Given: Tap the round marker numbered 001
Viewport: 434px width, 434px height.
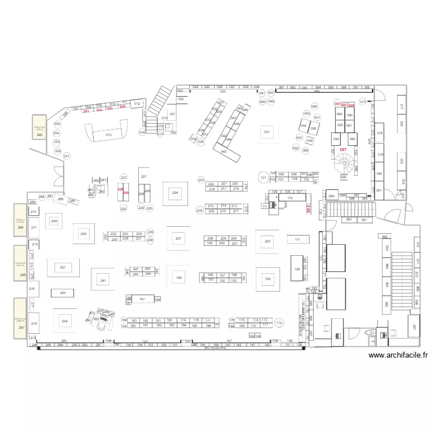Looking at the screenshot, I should point(66,156).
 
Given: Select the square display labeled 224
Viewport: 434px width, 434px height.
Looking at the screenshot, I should point(175,193).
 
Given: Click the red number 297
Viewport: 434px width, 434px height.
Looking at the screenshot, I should point(343,150).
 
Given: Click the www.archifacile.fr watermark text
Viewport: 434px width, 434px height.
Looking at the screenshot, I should point(398,356).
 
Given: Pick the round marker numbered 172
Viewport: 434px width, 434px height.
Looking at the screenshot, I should point(279,323).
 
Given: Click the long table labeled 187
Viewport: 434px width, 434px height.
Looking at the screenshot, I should point(142,299).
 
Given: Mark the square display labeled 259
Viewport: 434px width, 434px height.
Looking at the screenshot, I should point(83,234).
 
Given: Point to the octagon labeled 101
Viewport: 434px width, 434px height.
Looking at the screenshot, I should point(263,178).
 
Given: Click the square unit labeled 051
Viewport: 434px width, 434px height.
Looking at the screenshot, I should point(267,133).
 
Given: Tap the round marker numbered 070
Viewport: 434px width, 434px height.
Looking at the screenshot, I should point(363,102).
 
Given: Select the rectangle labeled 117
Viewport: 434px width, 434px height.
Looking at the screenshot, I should point(297,239).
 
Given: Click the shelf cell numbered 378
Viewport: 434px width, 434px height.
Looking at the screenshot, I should point(380,133).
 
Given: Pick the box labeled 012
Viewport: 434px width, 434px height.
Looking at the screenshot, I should point(137,104).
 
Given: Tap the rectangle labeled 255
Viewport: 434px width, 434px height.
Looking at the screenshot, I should point(62,293).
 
